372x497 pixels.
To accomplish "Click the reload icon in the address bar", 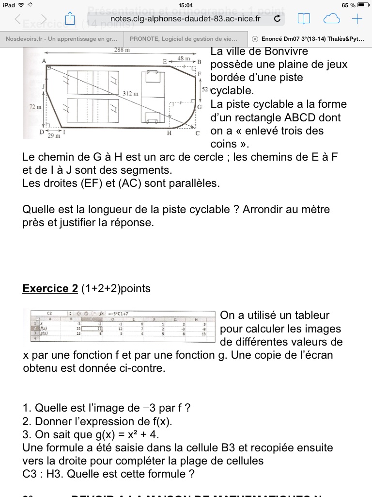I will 277,19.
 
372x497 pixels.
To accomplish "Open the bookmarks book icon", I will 304,19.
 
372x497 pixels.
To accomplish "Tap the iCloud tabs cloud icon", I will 331,19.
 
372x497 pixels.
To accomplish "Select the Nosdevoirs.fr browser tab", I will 62,39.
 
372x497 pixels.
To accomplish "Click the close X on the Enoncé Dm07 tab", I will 255,39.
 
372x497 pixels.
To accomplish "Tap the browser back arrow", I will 18,19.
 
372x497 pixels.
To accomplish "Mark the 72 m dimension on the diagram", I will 35,106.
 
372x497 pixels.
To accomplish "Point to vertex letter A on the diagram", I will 44,61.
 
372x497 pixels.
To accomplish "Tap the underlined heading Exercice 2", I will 50,289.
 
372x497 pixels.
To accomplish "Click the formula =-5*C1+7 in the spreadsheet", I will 117,313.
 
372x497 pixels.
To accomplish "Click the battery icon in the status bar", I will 363,5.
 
